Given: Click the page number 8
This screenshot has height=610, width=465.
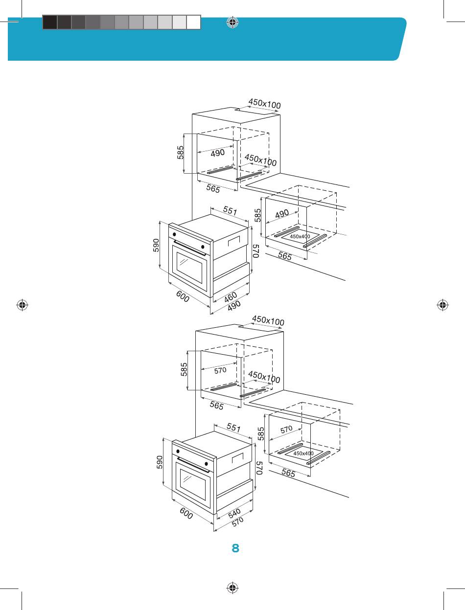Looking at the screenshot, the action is coord(235,548).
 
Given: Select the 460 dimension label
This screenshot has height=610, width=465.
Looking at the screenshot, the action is coord(231,297).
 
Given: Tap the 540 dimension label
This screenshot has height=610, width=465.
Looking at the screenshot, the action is coord(234,514).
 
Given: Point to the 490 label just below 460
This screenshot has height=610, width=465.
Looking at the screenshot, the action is coord(234,305).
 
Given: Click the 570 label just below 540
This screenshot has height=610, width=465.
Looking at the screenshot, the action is coord(238,522).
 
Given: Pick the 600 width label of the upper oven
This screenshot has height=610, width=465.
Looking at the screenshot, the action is coord(183,296).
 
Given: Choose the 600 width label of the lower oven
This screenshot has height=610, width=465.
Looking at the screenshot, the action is coord(186,513).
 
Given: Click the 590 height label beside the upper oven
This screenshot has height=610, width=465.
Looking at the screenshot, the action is coord(156,246).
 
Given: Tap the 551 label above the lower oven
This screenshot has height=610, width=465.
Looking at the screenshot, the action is coord(233,428).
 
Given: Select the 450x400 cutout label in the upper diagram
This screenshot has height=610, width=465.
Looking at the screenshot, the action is coord(300,236).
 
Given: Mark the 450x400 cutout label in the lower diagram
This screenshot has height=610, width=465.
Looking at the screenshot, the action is coord(303,453).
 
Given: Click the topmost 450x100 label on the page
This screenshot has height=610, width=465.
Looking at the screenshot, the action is coord(265,103).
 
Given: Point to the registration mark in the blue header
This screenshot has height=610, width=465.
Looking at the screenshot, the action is coord(232,22).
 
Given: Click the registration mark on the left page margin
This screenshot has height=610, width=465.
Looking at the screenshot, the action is coord(22,305).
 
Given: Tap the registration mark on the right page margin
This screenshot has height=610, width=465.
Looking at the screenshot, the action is coord(442,305).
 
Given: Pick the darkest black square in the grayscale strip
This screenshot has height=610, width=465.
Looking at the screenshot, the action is coord(50,22).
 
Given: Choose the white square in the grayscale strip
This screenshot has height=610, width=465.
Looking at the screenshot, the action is coord(193,22).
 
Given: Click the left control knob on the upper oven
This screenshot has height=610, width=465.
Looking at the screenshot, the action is coord(174,234).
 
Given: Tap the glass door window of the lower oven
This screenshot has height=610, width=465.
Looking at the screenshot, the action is coord(193,482).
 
